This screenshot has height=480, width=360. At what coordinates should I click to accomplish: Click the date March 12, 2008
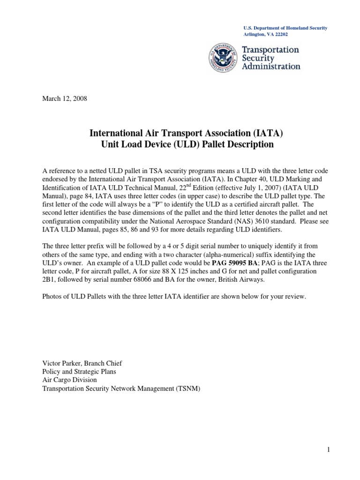65,99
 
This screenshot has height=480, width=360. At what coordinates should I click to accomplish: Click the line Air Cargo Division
69,380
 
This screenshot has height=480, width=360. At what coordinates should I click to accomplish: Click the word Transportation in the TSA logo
270,49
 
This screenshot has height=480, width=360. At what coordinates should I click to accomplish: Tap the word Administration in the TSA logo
271,66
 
